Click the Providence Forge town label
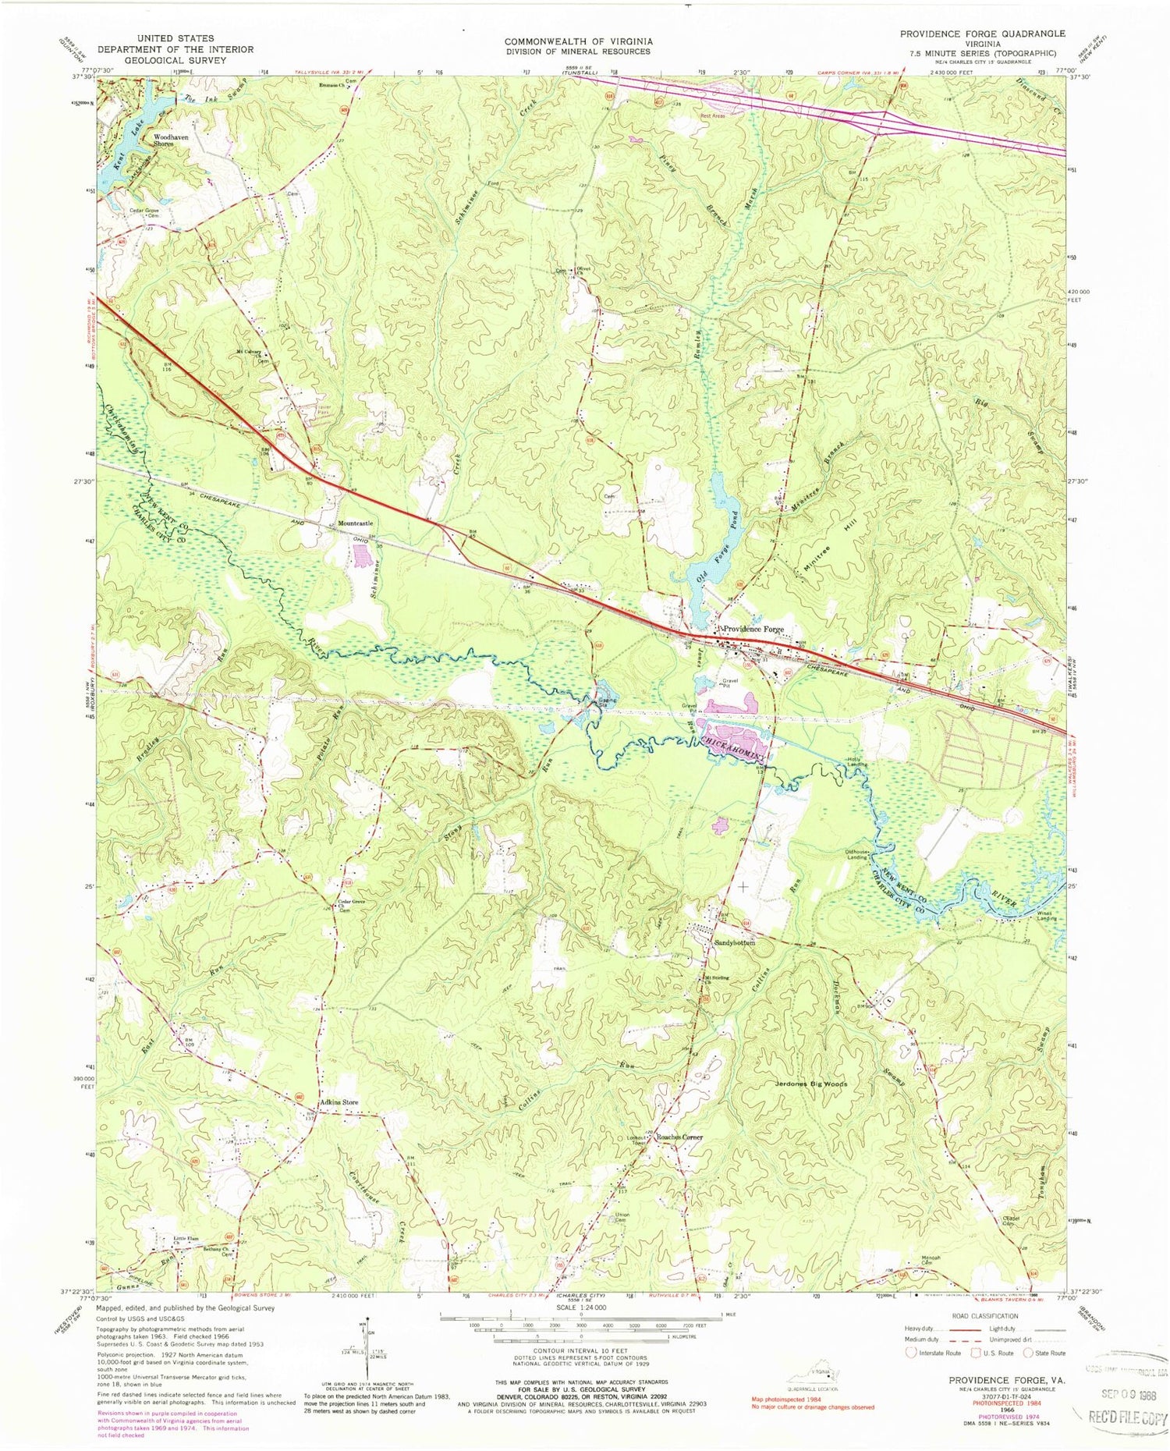point(752,630)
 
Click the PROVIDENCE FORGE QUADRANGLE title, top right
point(978,34)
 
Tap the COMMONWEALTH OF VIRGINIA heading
point(578,41)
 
